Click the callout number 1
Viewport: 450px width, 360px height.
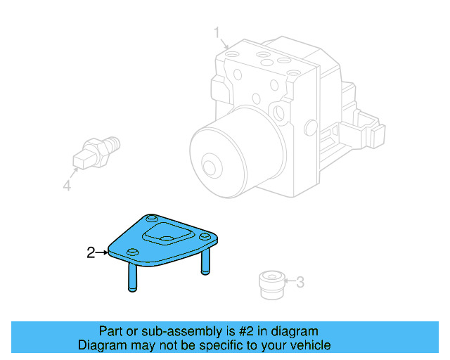(217, 32)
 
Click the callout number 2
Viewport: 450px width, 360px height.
(91, 252)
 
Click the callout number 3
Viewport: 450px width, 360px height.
(300, 283)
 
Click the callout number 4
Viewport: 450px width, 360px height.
(66, 186)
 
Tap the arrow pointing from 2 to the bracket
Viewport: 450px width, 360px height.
(101, 252)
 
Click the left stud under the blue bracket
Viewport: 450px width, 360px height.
(131, 276)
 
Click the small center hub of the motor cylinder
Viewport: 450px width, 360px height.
(208, 167)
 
